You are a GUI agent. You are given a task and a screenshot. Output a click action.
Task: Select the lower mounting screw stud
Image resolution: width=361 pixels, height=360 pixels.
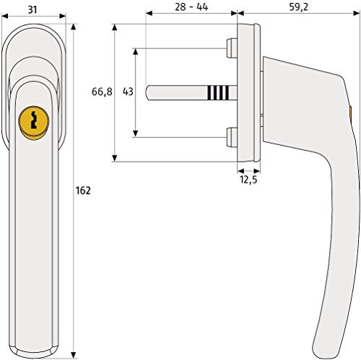pyautogui.click(x=230, y=136)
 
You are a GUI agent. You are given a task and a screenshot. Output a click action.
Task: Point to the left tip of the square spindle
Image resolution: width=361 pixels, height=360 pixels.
pyautogui.click(x=147, y=92)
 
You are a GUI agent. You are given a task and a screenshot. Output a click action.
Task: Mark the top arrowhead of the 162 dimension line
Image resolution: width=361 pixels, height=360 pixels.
pyautogui.click(x=74, y=25)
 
